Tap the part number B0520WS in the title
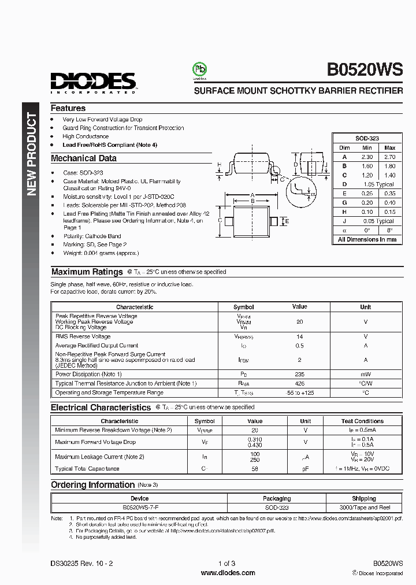coord(365,69)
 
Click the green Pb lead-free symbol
coord(200,70)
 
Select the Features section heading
coord(68,108)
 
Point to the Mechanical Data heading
coord(83,158)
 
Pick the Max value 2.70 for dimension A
coord(390,157)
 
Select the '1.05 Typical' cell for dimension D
coord(378,184)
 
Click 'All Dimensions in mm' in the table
coord(367,239)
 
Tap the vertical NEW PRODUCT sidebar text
coord(32,154)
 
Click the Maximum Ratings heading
coord(87,272)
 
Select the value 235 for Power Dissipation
coord(299,374)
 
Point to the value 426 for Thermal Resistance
coord(299,383)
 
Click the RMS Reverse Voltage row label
coord(83,336)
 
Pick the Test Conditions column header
coord(362,421)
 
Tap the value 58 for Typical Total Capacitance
coord(255,468)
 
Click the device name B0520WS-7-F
coord(139,507)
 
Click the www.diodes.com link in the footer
coord(228,573)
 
